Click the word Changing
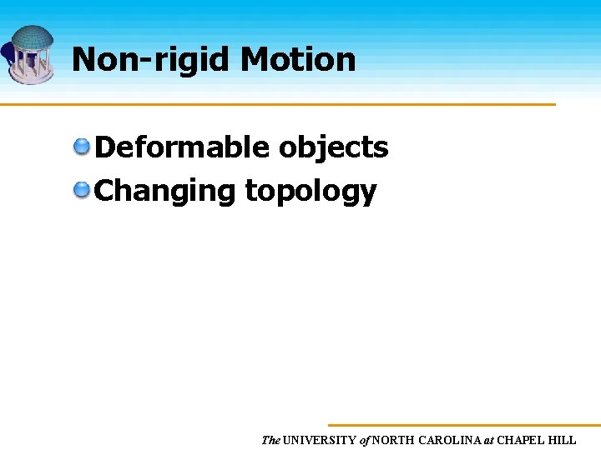point(165,191)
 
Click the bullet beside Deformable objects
point(82,147)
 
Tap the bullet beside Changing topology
point(82,191)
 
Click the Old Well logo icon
point(30,53)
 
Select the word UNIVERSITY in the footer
point(321,440)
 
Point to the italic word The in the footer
point(270,440)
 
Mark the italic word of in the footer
point(365,440)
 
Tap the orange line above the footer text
point(464,425)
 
